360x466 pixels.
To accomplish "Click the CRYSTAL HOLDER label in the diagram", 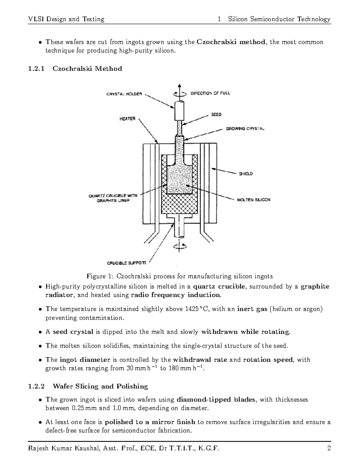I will [x=124, y=94].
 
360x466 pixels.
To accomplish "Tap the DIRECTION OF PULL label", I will [x=210, y=93].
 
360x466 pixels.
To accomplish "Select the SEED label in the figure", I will [x=216, y=115].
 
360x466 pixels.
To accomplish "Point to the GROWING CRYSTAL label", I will [x=245, y=129].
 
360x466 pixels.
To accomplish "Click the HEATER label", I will [x=127, y=119].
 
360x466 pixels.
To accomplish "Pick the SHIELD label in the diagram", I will [x=246, y=174].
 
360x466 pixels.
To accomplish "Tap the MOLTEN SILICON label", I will [x=253, y=200].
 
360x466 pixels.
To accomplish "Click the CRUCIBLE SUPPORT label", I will [x=127, y=263].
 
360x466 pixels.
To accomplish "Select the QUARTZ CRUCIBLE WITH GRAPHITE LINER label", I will [x=113, y=198].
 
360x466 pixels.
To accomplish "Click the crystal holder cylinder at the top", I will [x=179, y=111].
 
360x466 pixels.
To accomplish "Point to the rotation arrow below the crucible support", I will [x=179, y=246].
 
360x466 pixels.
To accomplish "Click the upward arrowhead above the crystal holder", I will [x=179, y=86].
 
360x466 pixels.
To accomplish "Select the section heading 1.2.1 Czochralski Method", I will [x=75, y=69].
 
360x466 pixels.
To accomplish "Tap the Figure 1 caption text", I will [x=180, y=276].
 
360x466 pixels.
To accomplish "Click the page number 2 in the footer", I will [x=329, y=449].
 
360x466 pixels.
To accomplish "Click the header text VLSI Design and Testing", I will [x=66, y=19].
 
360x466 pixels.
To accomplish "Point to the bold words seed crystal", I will [x=73, y=332].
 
